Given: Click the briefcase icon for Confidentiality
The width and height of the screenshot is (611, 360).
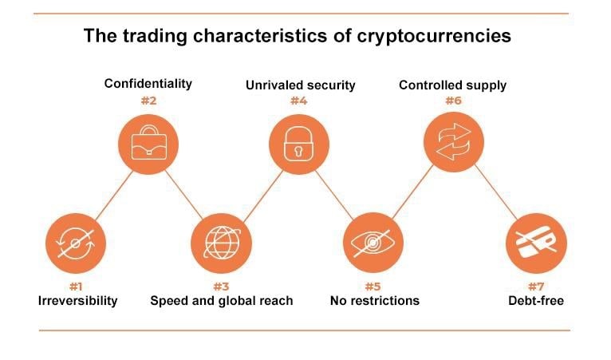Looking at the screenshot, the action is tap(148, 144).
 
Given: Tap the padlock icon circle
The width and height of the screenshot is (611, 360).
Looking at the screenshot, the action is tap(299, 144).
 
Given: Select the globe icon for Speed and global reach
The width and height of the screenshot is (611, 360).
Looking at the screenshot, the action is tap(221, 243).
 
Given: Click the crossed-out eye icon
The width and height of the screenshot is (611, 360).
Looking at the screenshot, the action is tap(373, 243).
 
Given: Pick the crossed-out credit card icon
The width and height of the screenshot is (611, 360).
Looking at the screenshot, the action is tap(536, 243).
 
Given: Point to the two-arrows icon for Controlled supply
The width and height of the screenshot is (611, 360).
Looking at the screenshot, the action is tap(454, 142).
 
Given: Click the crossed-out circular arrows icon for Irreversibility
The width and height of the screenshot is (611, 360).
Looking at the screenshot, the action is tap(76, 243).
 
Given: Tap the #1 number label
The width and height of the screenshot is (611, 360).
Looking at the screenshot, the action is tap(76, 287).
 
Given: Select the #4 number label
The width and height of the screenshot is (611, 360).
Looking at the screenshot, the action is tap(299, 101).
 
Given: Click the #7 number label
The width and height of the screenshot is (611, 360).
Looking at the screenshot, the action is tap(536, 287).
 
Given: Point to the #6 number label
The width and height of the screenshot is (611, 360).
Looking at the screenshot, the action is tap(454, 101).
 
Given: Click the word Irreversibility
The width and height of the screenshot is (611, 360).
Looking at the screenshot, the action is tap(78, 301).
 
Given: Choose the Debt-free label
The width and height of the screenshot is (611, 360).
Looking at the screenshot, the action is tap(536, 301).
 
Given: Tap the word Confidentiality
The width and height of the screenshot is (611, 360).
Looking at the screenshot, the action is tap(148, 84).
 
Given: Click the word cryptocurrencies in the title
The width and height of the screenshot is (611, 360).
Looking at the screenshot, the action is tap(434, 36).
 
